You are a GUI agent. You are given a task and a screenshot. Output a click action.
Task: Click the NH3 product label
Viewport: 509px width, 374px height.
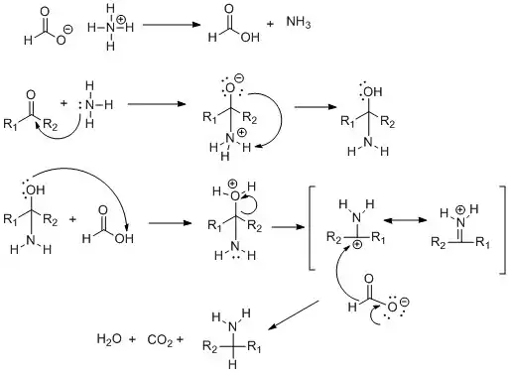tap(299, 22)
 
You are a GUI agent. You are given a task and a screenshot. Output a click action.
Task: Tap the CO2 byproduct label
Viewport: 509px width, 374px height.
tap(160, 339)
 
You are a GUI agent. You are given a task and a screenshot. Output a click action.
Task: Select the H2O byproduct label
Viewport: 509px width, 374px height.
tap(109, 339)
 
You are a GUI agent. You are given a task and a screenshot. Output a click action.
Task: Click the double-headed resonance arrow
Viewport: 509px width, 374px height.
tap(405, 220)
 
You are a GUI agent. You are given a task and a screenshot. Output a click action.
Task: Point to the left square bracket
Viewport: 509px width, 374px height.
tap(311, 228)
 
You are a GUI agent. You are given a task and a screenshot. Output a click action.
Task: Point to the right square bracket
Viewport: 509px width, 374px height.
tap(503, 230)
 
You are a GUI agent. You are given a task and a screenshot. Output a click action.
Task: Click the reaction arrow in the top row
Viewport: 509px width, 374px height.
tap(172, 25)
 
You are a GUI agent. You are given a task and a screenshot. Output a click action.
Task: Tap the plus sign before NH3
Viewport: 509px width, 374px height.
tap(270, 24)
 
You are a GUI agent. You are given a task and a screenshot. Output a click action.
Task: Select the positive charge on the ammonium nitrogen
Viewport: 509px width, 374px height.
tap(121, 20)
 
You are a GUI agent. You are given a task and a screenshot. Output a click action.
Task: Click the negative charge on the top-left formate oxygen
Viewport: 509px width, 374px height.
tap(68, 30)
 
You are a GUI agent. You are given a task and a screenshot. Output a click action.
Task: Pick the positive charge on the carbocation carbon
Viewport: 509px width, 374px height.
tap(358, 245)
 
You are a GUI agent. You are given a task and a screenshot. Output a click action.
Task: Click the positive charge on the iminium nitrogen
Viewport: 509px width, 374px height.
tap(460, 209)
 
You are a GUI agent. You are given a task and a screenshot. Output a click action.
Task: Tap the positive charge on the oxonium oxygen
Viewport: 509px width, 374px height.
tap(233, 184)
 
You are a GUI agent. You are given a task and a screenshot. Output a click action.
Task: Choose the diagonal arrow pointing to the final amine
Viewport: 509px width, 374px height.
tap(294, 314)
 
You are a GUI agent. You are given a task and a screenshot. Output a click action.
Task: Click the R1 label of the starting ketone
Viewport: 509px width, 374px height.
tap(10, 124)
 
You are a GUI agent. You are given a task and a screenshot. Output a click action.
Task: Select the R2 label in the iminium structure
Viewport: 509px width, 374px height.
tap(439, 243)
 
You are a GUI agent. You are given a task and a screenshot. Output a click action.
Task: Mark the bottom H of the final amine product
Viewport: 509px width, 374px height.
tap(232, 364)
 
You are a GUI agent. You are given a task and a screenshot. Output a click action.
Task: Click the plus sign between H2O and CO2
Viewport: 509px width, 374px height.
tap(132, 339)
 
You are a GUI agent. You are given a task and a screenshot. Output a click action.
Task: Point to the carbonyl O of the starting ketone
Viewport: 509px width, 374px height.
tap(31, 95)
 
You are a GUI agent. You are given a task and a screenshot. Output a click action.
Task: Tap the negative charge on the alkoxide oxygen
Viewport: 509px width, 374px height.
tap(239, 78)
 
